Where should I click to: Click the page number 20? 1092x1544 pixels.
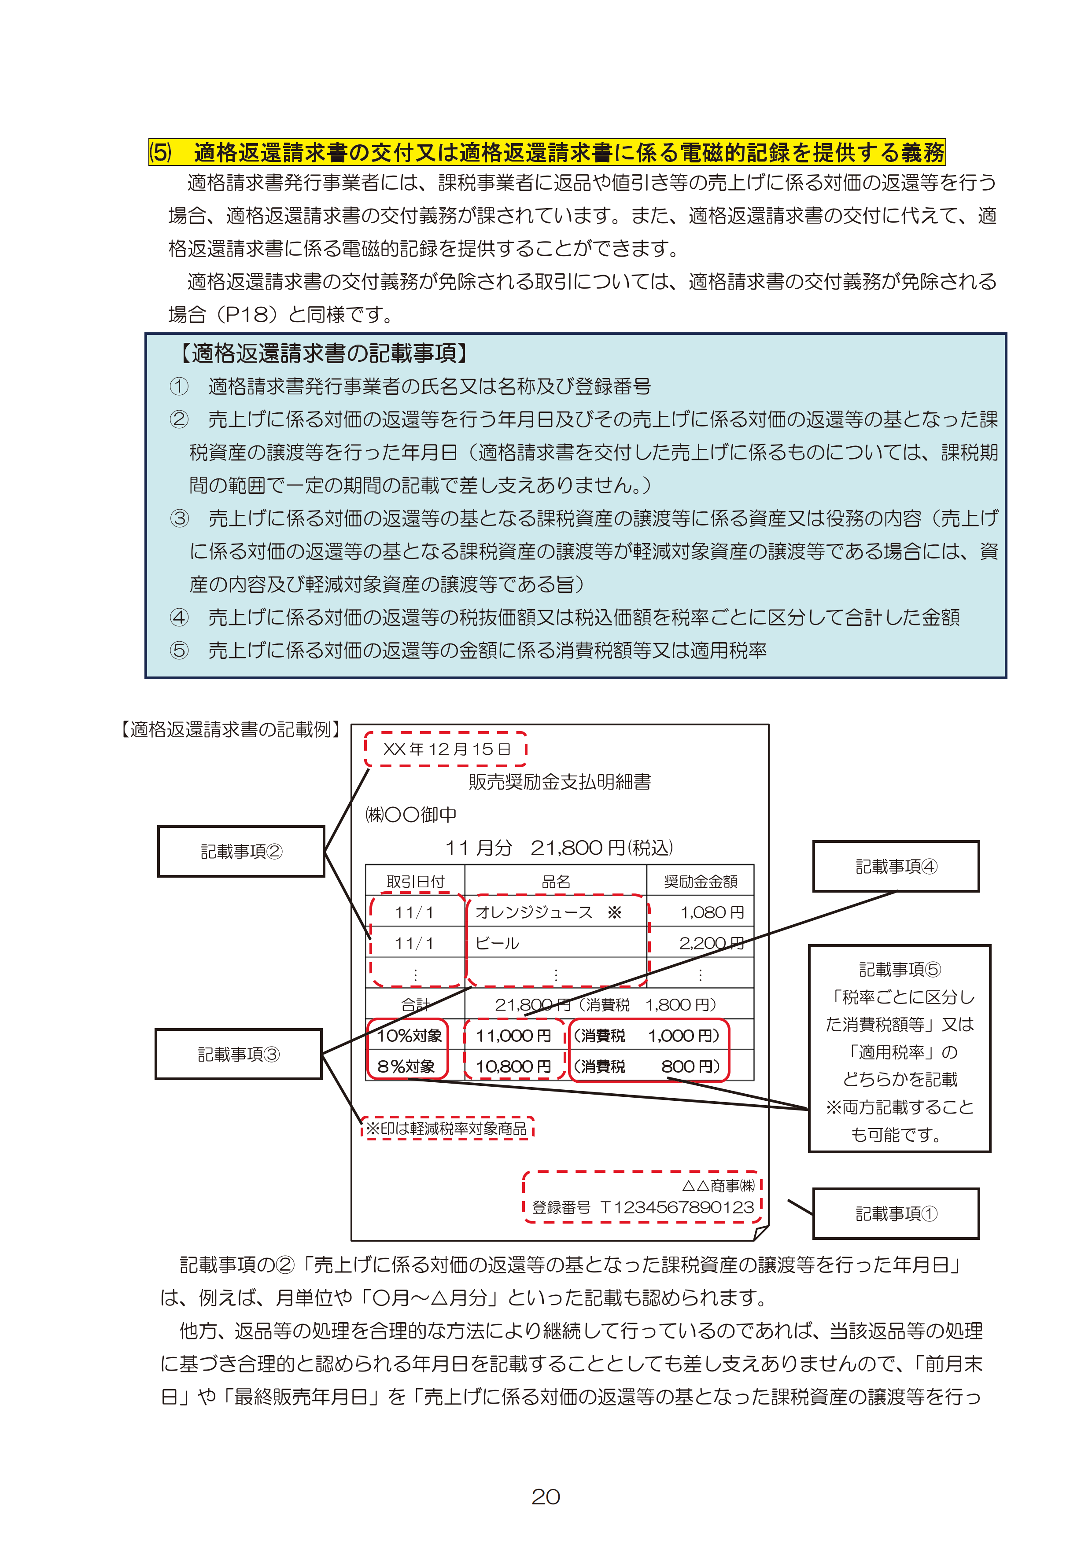[545, 1496]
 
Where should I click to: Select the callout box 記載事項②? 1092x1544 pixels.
[241, 851]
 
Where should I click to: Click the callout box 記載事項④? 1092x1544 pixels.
[896, 866]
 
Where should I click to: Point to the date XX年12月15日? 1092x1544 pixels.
[446, 749]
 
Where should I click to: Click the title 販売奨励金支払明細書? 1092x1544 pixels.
[559, 781]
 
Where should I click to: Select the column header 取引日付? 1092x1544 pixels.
[415, 881]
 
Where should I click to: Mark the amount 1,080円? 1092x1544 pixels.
[712, 912]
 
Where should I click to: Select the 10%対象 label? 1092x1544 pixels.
[409, 1036]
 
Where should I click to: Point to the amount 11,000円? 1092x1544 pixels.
[513, 1036]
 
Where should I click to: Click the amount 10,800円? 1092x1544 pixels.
[513, 1066]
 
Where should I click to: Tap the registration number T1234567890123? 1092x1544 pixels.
[677, 1207]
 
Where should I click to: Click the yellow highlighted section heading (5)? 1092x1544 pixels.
[546, 153]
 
